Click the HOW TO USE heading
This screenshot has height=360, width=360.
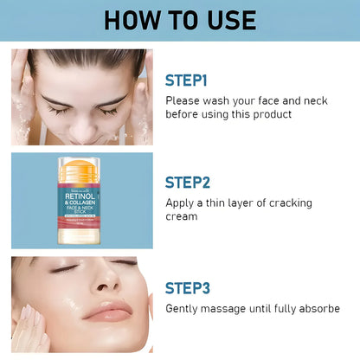pyautogui.click(x=180, y=20)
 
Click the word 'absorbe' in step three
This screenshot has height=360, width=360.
pyautogui.click(x=318, y=308)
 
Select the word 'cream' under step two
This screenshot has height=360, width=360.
pyautogui.click(x=182, y=216)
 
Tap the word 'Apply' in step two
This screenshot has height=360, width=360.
pyautogui.click(x=182, y=202)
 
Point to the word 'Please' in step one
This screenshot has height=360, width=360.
pyautogui.click(x=184, y=100)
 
